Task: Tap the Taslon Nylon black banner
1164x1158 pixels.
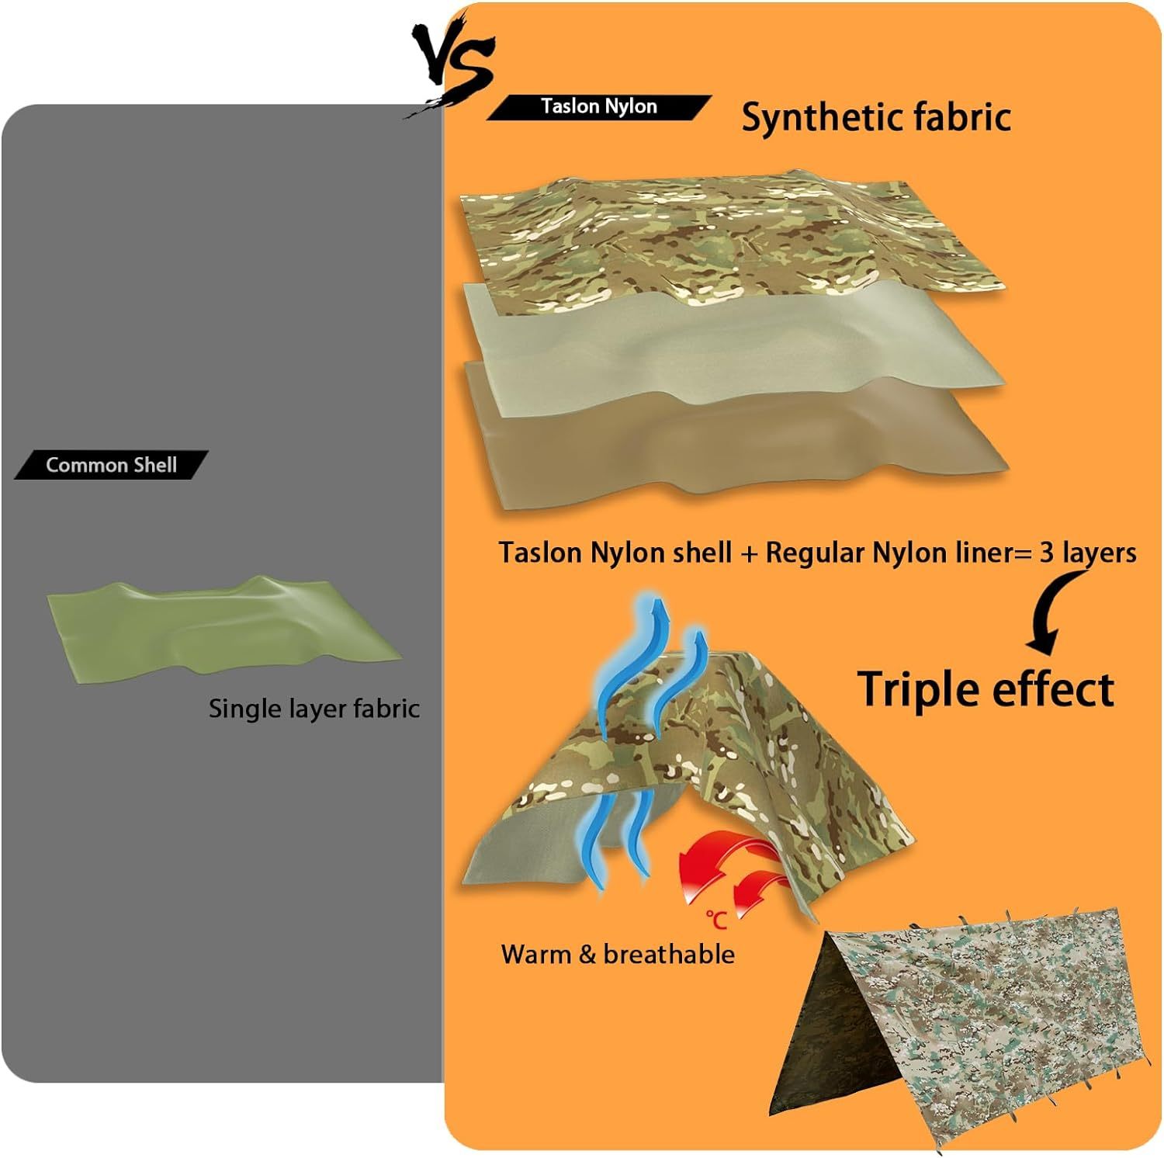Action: pos(598,107)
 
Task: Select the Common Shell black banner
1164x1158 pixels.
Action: pos(111,465)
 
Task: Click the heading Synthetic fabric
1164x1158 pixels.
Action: pos(876,117)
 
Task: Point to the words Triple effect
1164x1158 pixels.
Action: pos(986,688)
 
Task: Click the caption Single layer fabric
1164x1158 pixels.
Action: pos(314,709)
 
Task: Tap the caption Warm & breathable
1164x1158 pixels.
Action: pos(618,954)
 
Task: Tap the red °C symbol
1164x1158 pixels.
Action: pos(716,921)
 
